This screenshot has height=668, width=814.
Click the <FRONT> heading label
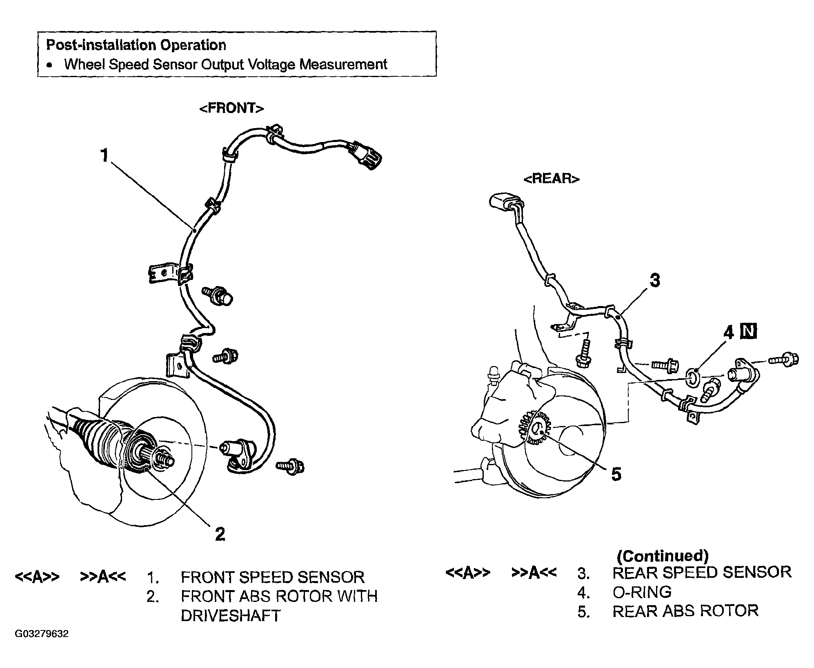click(231, 108)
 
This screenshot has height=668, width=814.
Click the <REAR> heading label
click(552, 179)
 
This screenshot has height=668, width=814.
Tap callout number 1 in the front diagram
click(105, 155)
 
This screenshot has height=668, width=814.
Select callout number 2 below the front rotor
click(220, 534)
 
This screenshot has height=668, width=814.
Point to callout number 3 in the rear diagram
click(655, 280)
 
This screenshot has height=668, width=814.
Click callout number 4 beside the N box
click(729, 332)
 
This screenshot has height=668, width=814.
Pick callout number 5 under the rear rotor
click(616, 474)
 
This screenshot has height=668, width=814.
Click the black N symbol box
click(749, 332)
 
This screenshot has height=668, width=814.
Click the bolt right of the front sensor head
click(290, 466)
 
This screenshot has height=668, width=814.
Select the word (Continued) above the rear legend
click(663, 556)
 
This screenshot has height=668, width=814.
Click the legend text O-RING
click(642, 592)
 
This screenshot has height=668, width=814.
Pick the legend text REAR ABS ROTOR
click(685, 611)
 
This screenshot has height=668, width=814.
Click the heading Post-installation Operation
click(136, 45)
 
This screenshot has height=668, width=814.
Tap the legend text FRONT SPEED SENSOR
click(273, 577)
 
